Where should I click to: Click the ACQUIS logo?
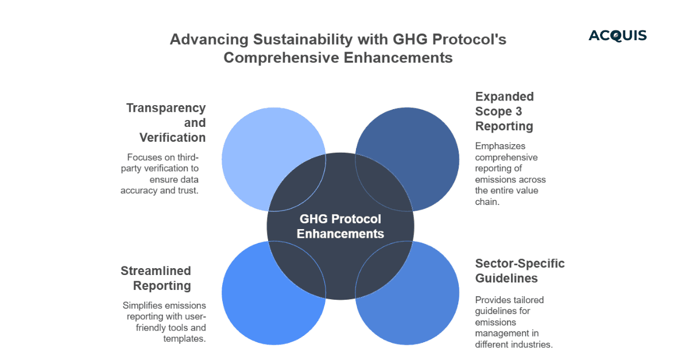617,36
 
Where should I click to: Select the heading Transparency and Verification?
166,123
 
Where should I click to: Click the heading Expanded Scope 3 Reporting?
504,111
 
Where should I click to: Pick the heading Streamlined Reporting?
156,278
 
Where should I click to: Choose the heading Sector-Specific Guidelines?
520,270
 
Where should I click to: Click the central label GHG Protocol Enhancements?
340,226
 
